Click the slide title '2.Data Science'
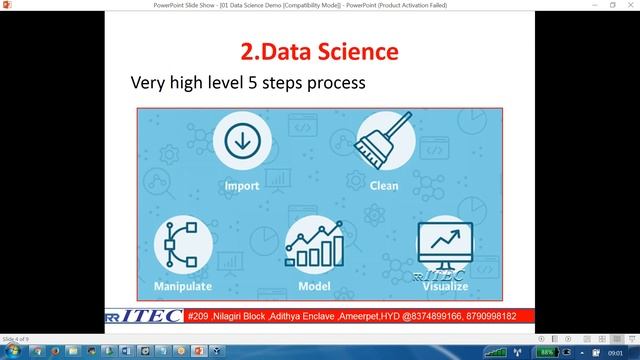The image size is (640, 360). (x=319, y=49)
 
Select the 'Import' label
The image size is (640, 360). (x=242, y=186)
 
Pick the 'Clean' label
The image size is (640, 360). (x=384, y=186)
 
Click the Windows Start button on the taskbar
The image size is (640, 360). (x=12, y=352)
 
